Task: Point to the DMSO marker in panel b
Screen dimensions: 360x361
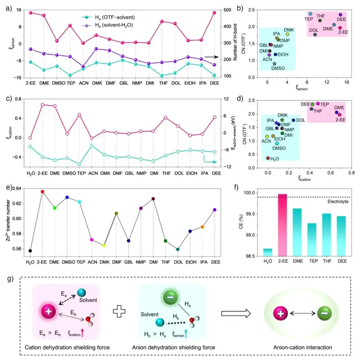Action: [x=274, y=64]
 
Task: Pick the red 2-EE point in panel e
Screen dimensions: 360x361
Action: [x=42, y=192]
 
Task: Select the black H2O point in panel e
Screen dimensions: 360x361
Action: [x=30, y=251]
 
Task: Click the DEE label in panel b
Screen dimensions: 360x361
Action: [x=342, y=20]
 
